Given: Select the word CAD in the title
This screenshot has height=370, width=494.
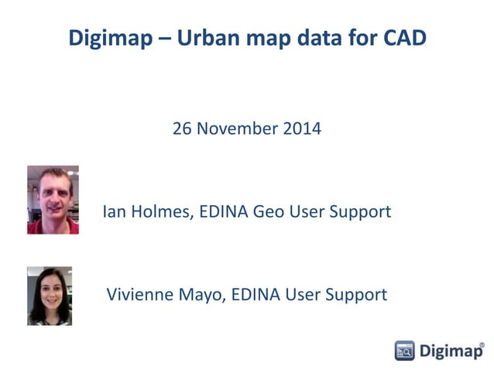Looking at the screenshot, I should click(405, 37).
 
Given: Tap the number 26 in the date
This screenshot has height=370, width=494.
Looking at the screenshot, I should click(183, 128).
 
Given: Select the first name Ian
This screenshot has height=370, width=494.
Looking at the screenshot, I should click(114, 211).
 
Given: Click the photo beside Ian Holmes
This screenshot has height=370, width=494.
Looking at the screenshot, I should click(53, 200).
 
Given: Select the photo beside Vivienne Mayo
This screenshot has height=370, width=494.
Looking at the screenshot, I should click(50, 296).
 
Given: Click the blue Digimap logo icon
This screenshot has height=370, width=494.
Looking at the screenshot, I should click(405, 351).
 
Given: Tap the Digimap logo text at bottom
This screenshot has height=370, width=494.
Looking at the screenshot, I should click(449, 351).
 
